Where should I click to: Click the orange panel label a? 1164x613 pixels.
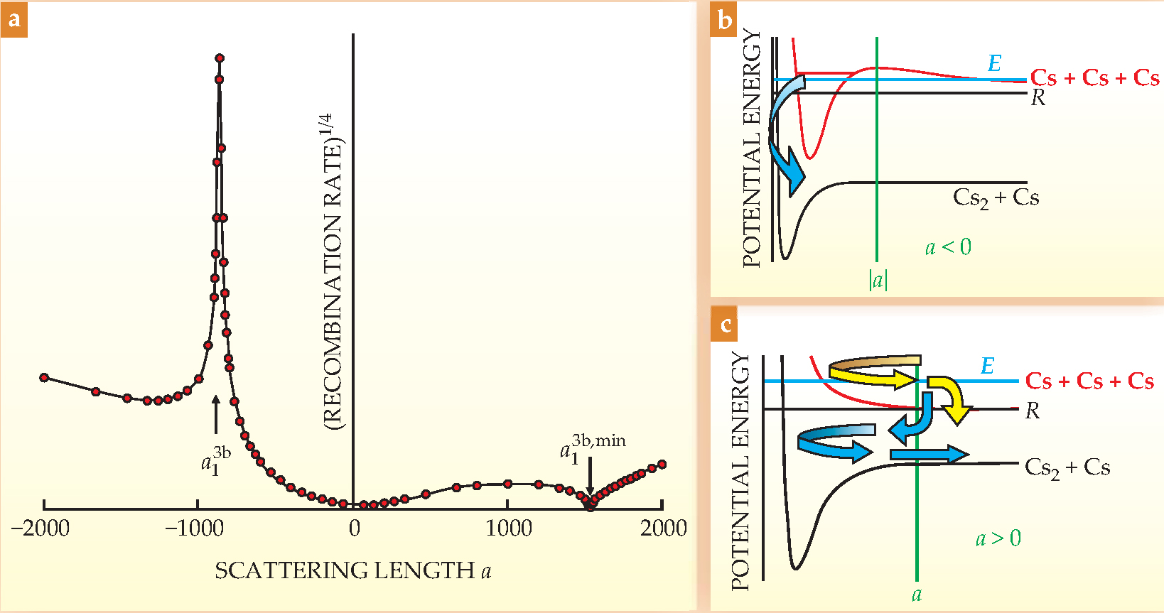click(14, 20)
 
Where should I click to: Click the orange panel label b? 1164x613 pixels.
click(724, 20)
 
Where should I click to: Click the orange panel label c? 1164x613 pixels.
click(725, 325)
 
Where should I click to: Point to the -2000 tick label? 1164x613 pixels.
click(41, 528)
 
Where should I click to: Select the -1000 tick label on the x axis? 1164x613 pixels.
click(195, 528)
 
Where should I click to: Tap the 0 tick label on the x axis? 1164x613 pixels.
click(354, 528)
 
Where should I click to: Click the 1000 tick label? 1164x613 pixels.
click(509, 528)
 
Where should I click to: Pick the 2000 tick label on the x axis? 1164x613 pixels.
click(663, 528)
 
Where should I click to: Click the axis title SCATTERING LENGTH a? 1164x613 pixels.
click(352, 570)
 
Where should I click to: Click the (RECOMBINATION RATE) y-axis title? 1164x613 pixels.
click(331, 270)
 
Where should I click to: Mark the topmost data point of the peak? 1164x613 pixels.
click(220, 58)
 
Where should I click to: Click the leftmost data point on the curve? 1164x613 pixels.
click(44, 377)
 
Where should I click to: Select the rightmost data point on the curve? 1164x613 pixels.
click(662, 465)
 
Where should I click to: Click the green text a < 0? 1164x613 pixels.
click(948, 247)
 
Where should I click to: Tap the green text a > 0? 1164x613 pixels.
click(998, 538)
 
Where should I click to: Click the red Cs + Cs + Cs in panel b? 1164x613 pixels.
click(1094, 78)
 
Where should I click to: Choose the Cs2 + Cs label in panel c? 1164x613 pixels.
click(1067, 467)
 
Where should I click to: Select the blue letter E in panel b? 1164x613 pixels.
click(995, 64)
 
